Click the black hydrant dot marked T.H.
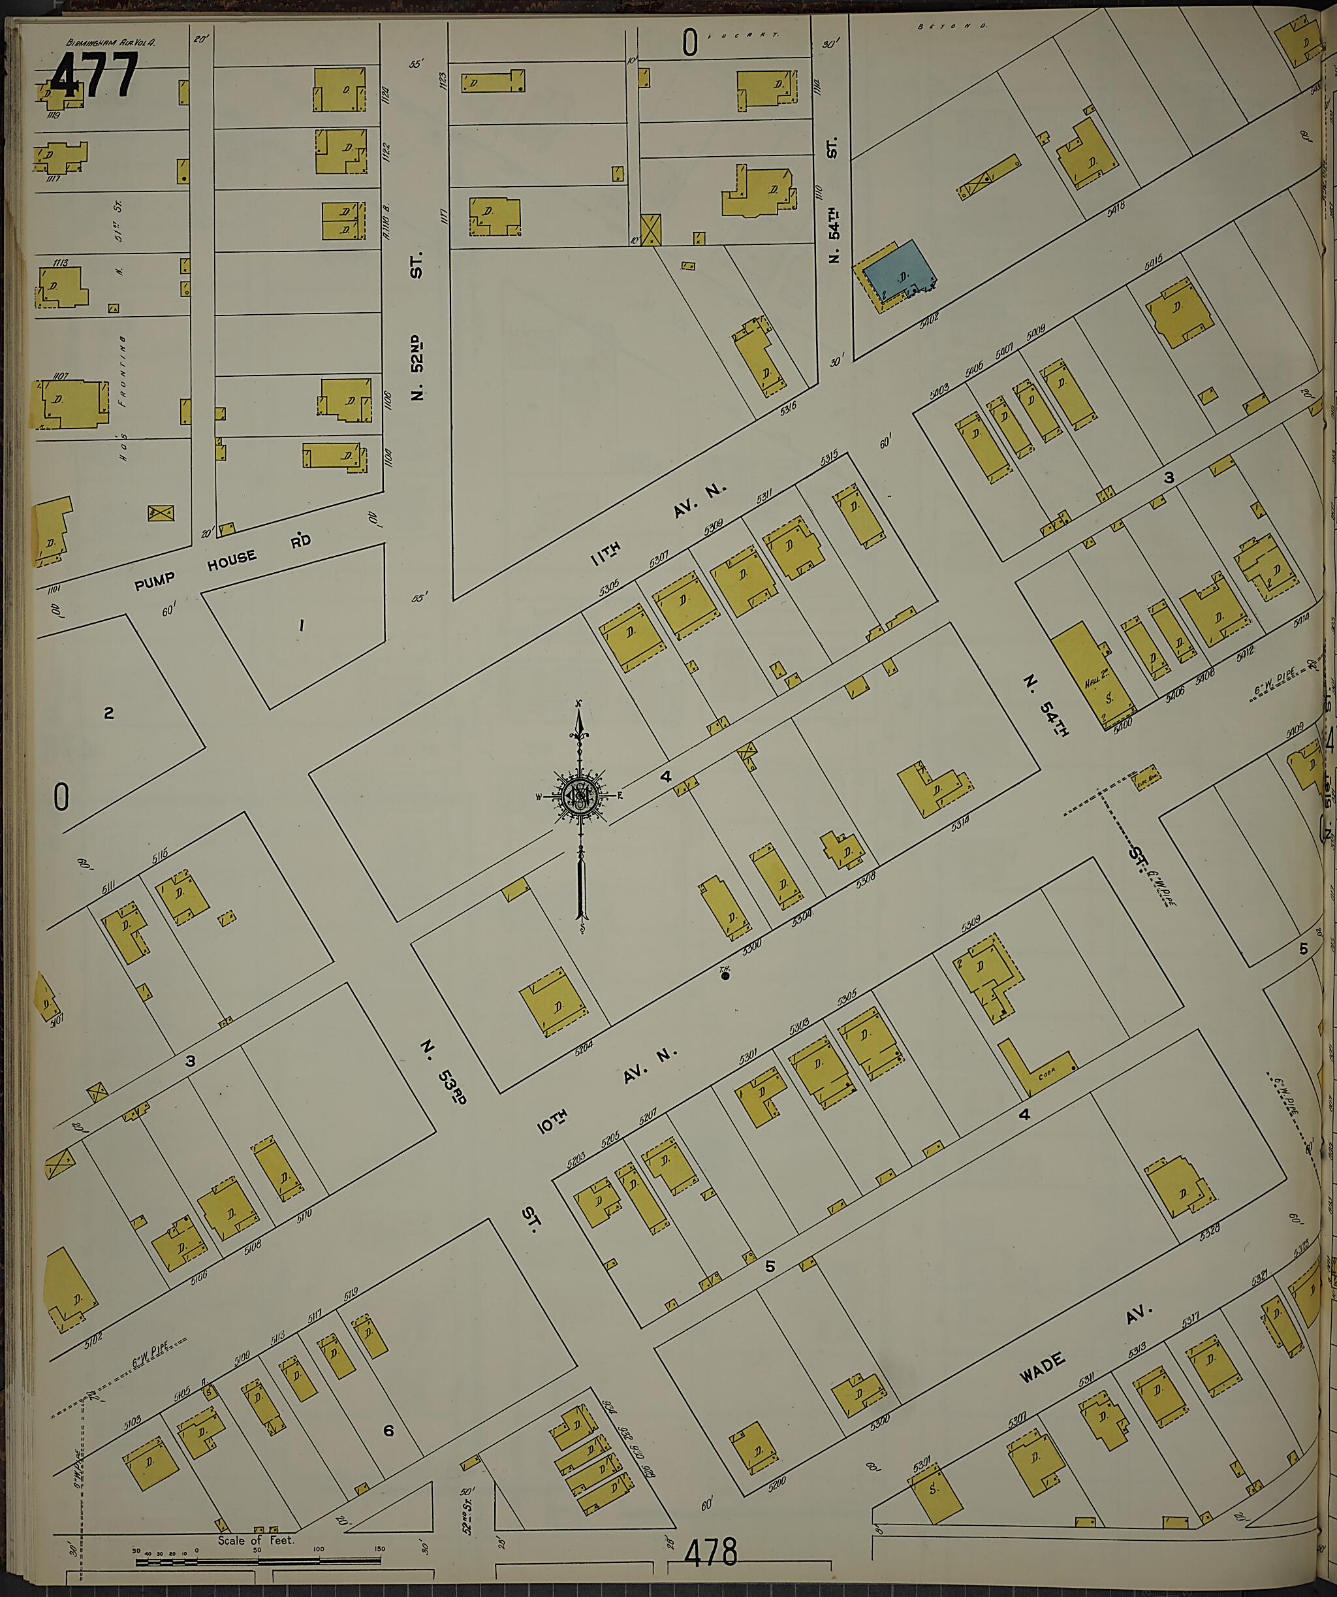[725, 976]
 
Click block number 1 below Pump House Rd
[302, 625]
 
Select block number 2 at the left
[108, 713]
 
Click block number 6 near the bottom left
[388, 1430]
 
